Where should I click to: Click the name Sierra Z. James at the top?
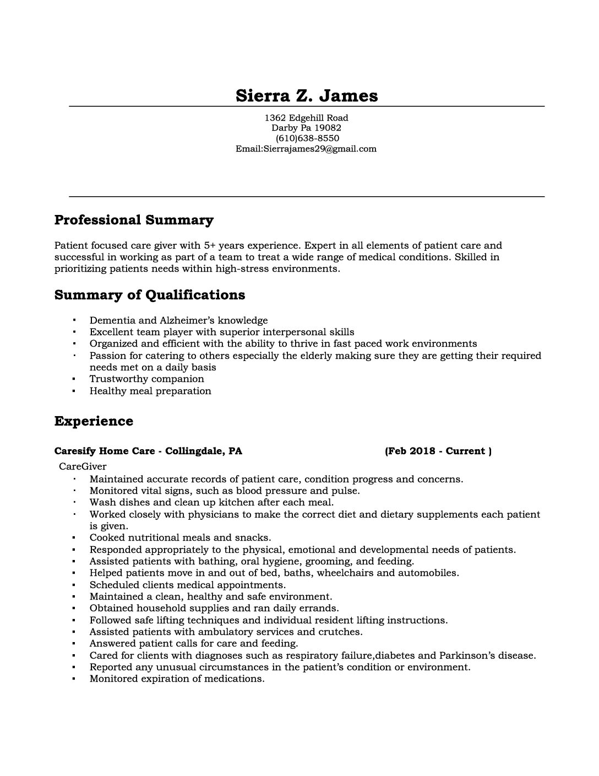pyautogui.click(x=307, y=95)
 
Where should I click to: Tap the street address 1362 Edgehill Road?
pyautogui.click(x=306, y=117)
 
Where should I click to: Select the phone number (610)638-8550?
pyautogui.click(x=307, y=138)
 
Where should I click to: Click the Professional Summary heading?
pyautogui.click(x=134, y=220)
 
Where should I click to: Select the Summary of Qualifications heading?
pyautogui.click(x=150, y=295)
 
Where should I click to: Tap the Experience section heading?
pyautogui.click(x=94, y=421)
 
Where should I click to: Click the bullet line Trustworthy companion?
pyautogui.click(x=146, y=379)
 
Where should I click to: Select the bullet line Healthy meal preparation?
pyautogui.click(x=150, y=391)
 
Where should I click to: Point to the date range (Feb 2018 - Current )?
pyautogui.click(x=438, y=451)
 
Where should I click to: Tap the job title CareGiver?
pyautogui.click(x=83, y=466)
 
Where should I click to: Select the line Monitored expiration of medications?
pyautogui.click(x=177, y=678)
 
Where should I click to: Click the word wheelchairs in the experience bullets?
pyautogui.click(x=342, y=573)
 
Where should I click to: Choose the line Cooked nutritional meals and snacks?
pyautogui.click(x=180, y=537)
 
